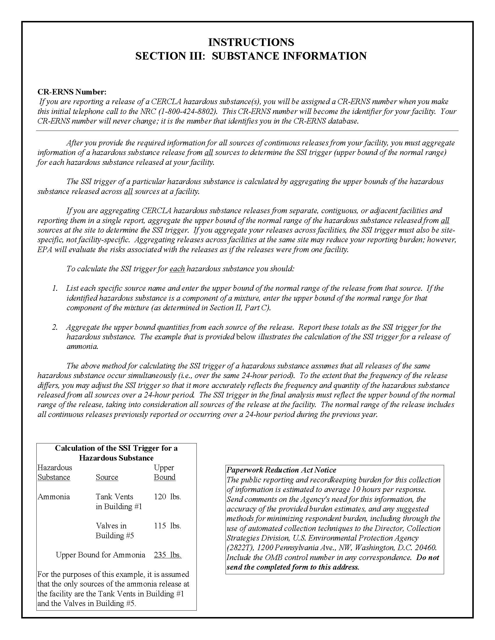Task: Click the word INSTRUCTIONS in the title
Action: coord(251,42)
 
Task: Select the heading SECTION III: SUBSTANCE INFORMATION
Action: coord(251,56)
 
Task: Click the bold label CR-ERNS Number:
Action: coord(72,92)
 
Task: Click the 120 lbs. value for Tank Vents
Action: coord(167,497)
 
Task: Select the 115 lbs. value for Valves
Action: coord(167,526)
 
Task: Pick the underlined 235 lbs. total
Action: coord(167,555)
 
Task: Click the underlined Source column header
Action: coord(107,477)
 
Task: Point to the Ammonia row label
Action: coord(54,497)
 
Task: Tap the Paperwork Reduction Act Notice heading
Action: coord(281,470)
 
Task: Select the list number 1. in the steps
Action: coord(55,288)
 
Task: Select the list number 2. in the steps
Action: coord(55,327)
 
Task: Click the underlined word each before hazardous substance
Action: coord(177,269)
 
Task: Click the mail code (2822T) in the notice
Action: coord(239,548)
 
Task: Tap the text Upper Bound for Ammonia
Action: coord(101,555)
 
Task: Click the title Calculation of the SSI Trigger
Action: coord(116,448)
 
